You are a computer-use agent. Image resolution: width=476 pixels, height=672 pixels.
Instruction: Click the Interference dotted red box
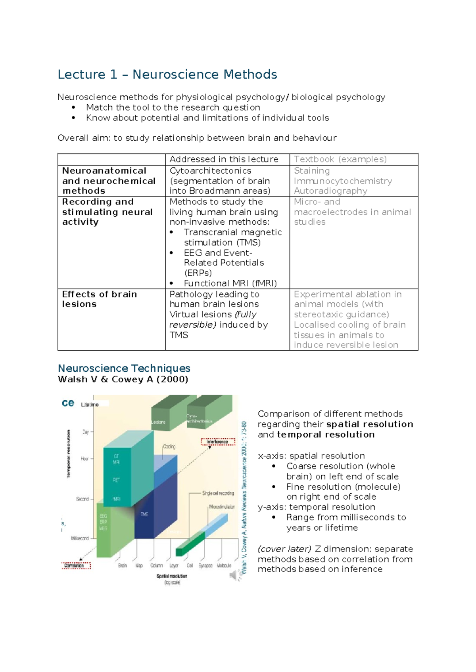point(218,441)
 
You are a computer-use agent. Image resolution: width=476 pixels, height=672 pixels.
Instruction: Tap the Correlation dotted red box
point(76,565)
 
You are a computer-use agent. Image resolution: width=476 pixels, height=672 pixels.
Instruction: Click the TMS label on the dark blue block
point(144,514)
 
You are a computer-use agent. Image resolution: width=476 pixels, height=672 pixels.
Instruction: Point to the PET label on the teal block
point(116,480)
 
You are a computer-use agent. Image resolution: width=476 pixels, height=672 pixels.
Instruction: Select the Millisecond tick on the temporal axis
point(80,538)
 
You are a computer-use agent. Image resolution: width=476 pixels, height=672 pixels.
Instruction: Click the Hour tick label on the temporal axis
point(84,458)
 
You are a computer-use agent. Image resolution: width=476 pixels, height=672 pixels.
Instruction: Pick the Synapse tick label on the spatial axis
point(205,565)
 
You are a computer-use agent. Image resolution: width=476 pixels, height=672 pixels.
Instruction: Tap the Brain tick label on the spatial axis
point(123,565)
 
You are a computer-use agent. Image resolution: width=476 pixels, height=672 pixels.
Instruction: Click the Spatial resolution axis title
point(172,576)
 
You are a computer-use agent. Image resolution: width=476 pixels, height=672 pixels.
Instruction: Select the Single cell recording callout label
point(218,493)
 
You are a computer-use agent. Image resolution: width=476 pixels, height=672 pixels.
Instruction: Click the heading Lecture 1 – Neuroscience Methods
point(167,74)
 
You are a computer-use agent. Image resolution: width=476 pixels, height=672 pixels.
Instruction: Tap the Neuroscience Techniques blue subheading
point(124,368)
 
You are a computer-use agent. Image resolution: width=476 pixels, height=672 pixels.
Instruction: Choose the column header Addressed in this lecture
point(224,159)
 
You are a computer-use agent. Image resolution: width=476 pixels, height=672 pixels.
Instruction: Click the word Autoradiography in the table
point(330,191)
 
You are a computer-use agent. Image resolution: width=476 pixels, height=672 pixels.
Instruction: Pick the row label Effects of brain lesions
point(99,299)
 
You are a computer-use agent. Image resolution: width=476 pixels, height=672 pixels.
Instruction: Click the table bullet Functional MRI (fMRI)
point(230,283)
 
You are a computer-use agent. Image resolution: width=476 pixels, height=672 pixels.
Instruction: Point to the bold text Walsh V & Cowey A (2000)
point(123,379)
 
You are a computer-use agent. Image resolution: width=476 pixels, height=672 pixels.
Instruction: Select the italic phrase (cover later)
point(284,549)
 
